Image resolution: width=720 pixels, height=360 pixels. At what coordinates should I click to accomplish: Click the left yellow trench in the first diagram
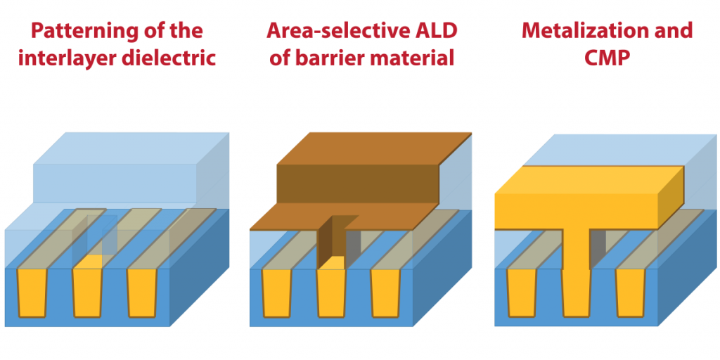pos(32,292)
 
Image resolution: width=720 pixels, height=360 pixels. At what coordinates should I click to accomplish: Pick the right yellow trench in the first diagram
pos(142,292)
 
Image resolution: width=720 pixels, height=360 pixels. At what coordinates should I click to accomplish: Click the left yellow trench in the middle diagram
pos(277,292)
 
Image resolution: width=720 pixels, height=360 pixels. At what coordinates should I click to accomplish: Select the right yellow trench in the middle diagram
pos(386,292)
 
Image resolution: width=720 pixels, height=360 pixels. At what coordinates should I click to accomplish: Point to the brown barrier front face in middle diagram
pos(358,184)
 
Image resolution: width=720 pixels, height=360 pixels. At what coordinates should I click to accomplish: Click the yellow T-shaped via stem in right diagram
pos(577,271)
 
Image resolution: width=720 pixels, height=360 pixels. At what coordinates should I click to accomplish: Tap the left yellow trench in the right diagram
pos(522,292)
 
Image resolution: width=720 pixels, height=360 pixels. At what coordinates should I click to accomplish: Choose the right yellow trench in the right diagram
pos(631,292)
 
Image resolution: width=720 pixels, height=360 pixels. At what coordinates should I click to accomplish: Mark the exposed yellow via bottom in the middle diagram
pos(332,263)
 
